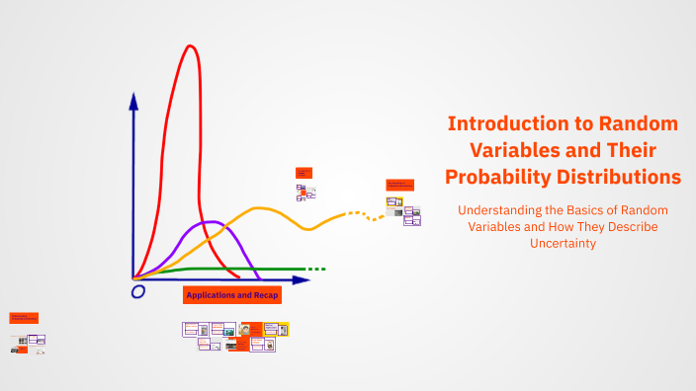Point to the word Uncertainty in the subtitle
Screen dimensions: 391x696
pos(562,243)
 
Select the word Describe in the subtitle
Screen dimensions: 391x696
pos(629,226)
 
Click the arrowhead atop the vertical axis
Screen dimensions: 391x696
pos(133,100)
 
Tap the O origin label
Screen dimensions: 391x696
pos(138,291)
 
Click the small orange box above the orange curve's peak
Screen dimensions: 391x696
pos(304,172)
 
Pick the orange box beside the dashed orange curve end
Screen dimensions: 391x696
pos(399,185)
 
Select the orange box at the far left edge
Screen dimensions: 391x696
pos(24,318)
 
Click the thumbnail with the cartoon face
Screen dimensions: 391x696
pos(245,329)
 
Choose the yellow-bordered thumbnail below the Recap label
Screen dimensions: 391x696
pos(283,329)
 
